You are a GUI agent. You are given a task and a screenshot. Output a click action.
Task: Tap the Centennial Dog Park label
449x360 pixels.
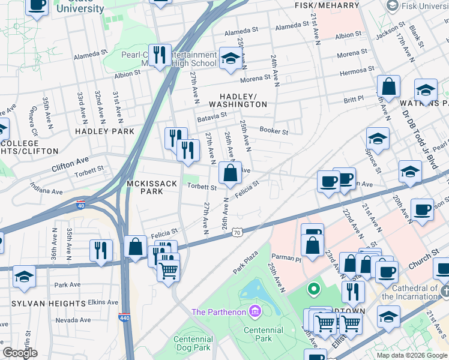click(193, 343)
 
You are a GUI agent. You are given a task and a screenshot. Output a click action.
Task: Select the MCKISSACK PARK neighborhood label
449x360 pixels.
click(145, 187)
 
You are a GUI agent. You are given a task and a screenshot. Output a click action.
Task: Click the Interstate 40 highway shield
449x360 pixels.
click(81, 203)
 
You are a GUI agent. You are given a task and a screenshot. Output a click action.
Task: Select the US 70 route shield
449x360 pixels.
click(238, 232)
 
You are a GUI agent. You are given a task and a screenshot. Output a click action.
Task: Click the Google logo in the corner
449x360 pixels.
click(19, 353)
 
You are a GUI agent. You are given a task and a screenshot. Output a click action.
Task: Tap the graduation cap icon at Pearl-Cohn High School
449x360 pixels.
click(229, 58)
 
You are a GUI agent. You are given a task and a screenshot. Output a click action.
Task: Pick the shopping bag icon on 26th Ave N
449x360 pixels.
click(229, 174)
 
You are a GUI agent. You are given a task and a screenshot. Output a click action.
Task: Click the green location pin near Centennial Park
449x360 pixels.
click(313, 290)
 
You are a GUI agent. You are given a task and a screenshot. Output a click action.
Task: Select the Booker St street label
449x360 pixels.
click(274, 130)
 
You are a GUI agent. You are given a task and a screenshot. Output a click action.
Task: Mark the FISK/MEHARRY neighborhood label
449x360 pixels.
click(327, 5)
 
